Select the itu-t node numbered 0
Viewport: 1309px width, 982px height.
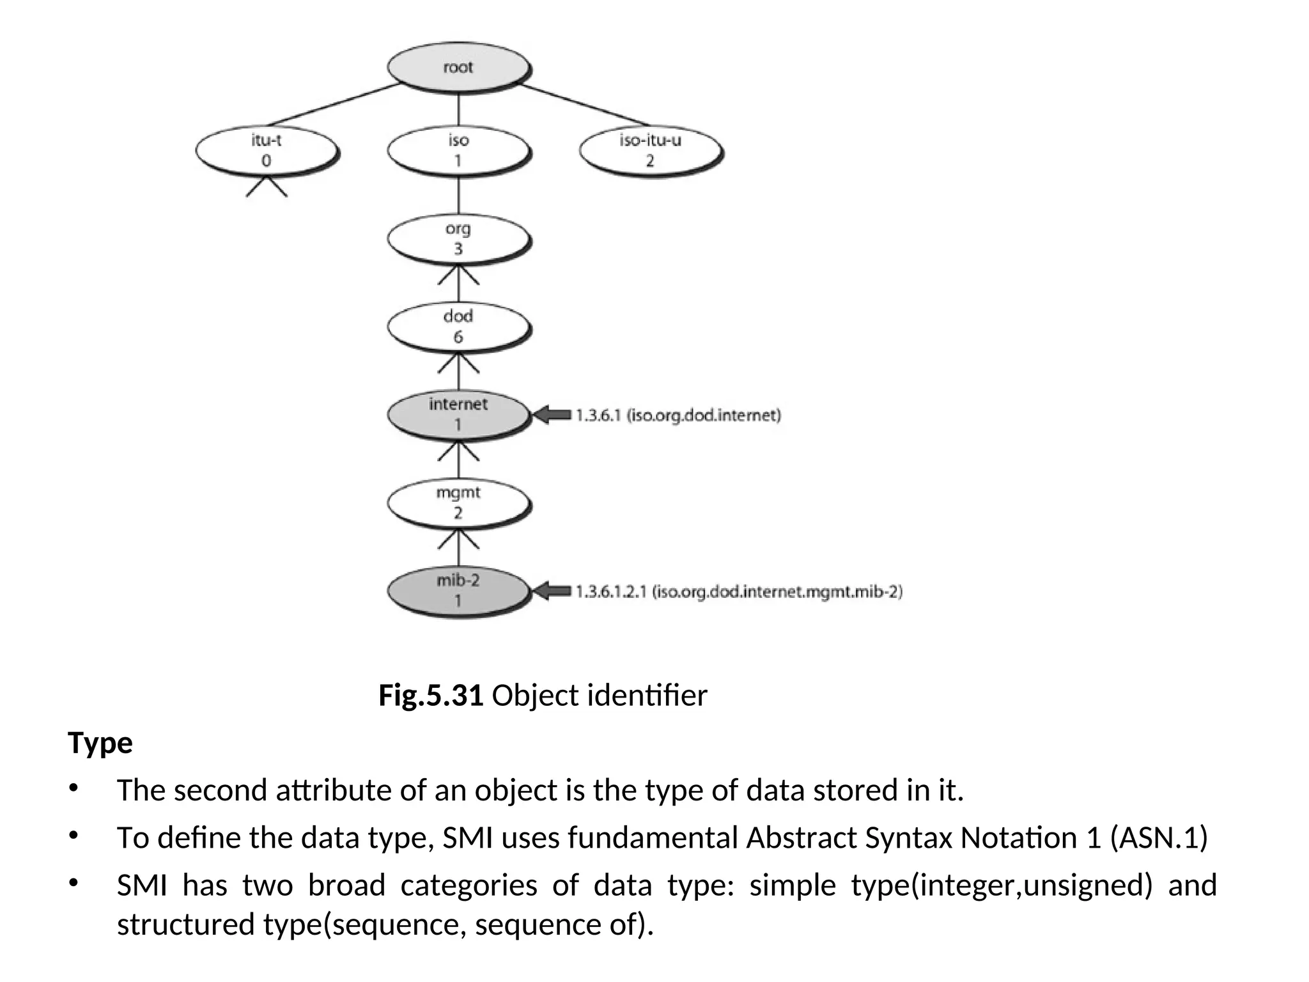266,150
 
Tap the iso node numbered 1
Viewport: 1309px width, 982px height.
458,150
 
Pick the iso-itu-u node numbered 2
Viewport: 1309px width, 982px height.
650,150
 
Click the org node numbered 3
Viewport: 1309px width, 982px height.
458,238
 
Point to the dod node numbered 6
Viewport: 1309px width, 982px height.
458,326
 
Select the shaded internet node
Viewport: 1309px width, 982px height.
458,414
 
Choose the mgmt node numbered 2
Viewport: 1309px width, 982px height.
458,503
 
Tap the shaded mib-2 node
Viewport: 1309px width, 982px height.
458,590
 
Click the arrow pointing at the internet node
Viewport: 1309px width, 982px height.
551,416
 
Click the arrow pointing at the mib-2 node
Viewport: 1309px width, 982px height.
551,591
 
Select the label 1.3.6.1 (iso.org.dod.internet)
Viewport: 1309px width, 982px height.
678,416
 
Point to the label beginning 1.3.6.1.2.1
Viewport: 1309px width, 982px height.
739,592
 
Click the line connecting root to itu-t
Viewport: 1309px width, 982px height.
332,104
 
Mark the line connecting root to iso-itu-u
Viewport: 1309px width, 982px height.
585,104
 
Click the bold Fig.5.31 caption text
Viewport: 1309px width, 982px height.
430,696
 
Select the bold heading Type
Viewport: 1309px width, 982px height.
100,743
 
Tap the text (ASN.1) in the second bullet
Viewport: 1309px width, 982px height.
1158,838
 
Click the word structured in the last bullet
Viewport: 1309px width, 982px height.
186,924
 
